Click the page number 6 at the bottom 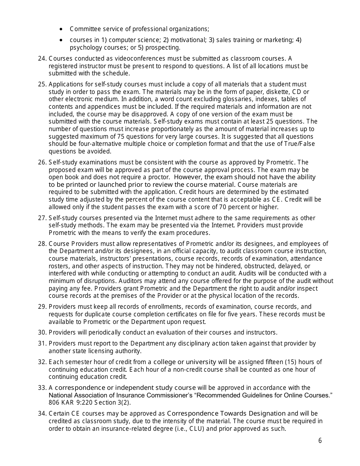point(320,440)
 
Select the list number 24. point(42,59)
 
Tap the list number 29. point(42,307)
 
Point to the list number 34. point(42,414)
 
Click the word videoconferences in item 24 point(128,59)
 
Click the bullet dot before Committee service point(61,29)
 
